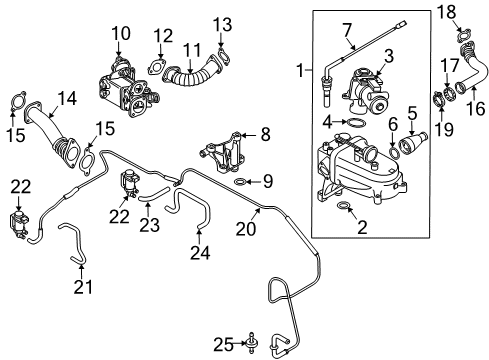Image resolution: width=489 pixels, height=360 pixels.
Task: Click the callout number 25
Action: coord(224,344)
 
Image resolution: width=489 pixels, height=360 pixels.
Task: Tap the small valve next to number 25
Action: coord(251,343)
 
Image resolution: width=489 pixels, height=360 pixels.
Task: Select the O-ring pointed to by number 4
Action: coord(356,123)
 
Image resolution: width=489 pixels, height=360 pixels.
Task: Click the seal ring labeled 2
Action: coord(343,205)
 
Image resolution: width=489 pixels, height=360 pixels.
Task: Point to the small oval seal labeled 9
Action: coord(240,182)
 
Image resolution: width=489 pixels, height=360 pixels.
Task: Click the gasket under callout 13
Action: coord(224,57)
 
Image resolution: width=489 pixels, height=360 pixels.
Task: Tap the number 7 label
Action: coord(347,30)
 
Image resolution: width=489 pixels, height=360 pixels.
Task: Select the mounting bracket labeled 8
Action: coord(223,152)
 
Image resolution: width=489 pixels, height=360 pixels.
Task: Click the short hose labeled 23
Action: coord(153,195)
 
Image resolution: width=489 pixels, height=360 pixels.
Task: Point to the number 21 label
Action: coord(83,286)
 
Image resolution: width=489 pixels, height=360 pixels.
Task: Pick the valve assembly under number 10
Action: coord(128,88)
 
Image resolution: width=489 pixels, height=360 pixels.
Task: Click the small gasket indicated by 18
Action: coord(464,35)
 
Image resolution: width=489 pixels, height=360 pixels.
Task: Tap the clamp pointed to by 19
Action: coord(438,100)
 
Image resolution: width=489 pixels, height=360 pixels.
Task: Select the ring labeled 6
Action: coord(394,153)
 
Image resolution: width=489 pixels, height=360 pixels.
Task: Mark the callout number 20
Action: coord(246,229)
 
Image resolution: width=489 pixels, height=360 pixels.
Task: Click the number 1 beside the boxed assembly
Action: coord(301,70)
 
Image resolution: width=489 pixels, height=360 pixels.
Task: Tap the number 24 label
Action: coord(200,253)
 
